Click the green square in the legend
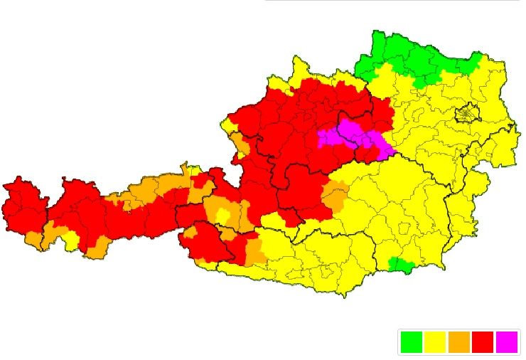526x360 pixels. (411, 342)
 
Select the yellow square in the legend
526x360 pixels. (435, 342)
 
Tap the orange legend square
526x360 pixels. (458, 342)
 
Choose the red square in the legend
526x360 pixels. (483, 342)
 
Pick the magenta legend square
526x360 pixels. (507, 342)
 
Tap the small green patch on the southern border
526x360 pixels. (402, 265)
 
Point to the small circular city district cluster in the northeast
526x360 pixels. (467, 112)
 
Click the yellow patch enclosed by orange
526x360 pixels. (223, 216)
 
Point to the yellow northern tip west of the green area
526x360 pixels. (299, 71)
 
